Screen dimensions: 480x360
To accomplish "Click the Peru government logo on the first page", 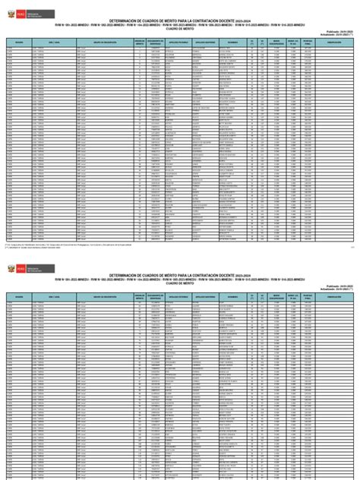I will coord(18,8).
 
